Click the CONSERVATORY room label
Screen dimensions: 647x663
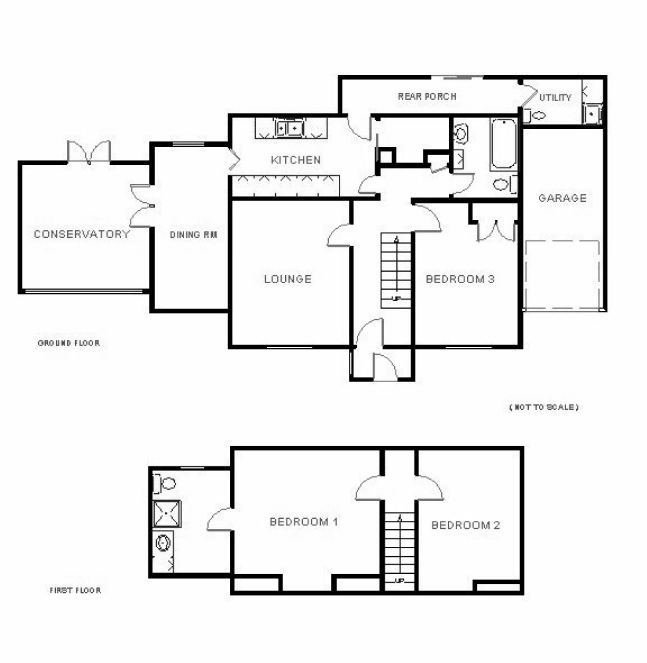click(x=81, y=234)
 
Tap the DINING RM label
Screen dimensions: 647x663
click(x=193, y=235)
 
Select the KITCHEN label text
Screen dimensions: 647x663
click(x=296, y=160)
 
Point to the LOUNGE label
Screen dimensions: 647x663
click(x=288, y=279)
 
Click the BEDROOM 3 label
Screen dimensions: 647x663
click(x=460, y=279)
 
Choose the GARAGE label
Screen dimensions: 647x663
click(x=562, y=198)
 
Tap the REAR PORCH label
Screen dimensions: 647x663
click(x=427, y=96)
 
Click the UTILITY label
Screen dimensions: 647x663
click(x=555, y=98)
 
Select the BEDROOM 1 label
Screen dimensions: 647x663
click(x=304, y=522)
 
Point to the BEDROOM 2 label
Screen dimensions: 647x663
click(x=466, y=525)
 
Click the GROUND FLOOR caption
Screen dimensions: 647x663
click(x=69, y=343)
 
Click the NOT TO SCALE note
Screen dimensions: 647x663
click(x=544, y=407)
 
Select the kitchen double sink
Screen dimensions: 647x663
click(x=289, y=129)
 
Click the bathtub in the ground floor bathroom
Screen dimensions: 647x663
click(x=504, y=144)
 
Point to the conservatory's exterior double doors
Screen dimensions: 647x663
click(x=89, y=152)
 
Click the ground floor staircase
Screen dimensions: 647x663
click(x=396, y=271)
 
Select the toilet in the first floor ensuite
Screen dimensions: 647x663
click(x=165, y=483)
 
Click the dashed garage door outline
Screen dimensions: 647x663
click(x=562, y=275)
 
